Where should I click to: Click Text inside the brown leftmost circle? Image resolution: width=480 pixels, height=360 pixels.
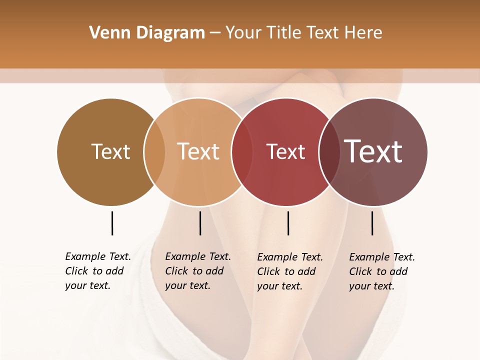110,151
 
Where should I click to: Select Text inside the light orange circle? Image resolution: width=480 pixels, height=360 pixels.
198,151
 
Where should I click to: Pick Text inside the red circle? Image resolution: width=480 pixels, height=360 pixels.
285,151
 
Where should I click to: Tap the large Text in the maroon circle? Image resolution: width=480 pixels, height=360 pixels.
373,151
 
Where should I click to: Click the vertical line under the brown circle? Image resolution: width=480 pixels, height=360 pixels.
112,223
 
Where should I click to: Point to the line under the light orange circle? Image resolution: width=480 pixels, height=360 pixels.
200,223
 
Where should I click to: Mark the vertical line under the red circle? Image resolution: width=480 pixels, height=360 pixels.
288,223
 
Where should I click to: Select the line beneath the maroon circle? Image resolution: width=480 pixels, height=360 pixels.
372,223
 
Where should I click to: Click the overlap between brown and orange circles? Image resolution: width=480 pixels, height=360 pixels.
154,152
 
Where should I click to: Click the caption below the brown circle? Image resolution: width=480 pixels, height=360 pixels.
97,271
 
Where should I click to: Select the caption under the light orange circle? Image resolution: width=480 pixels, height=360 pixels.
197,271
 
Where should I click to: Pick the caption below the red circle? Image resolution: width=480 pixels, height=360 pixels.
289,271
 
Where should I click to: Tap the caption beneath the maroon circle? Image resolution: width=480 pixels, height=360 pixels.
381,271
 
